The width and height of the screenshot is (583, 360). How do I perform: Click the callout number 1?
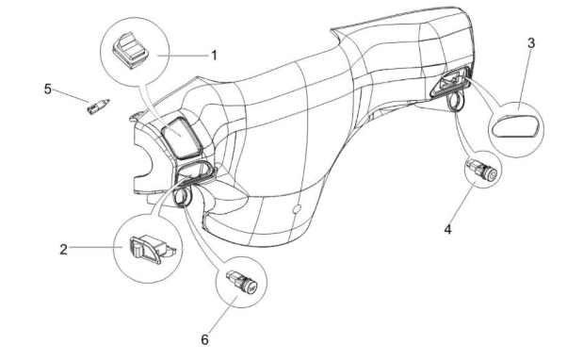click(214, 54)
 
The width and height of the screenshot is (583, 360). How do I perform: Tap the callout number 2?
click(63, 250)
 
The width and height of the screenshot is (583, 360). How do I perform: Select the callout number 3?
click(531, 43)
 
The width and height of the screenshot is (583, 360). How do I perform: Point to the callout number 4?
click(447, 229)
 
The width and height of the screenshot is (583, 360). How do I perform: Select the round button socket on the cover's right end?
click(455, 95)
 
